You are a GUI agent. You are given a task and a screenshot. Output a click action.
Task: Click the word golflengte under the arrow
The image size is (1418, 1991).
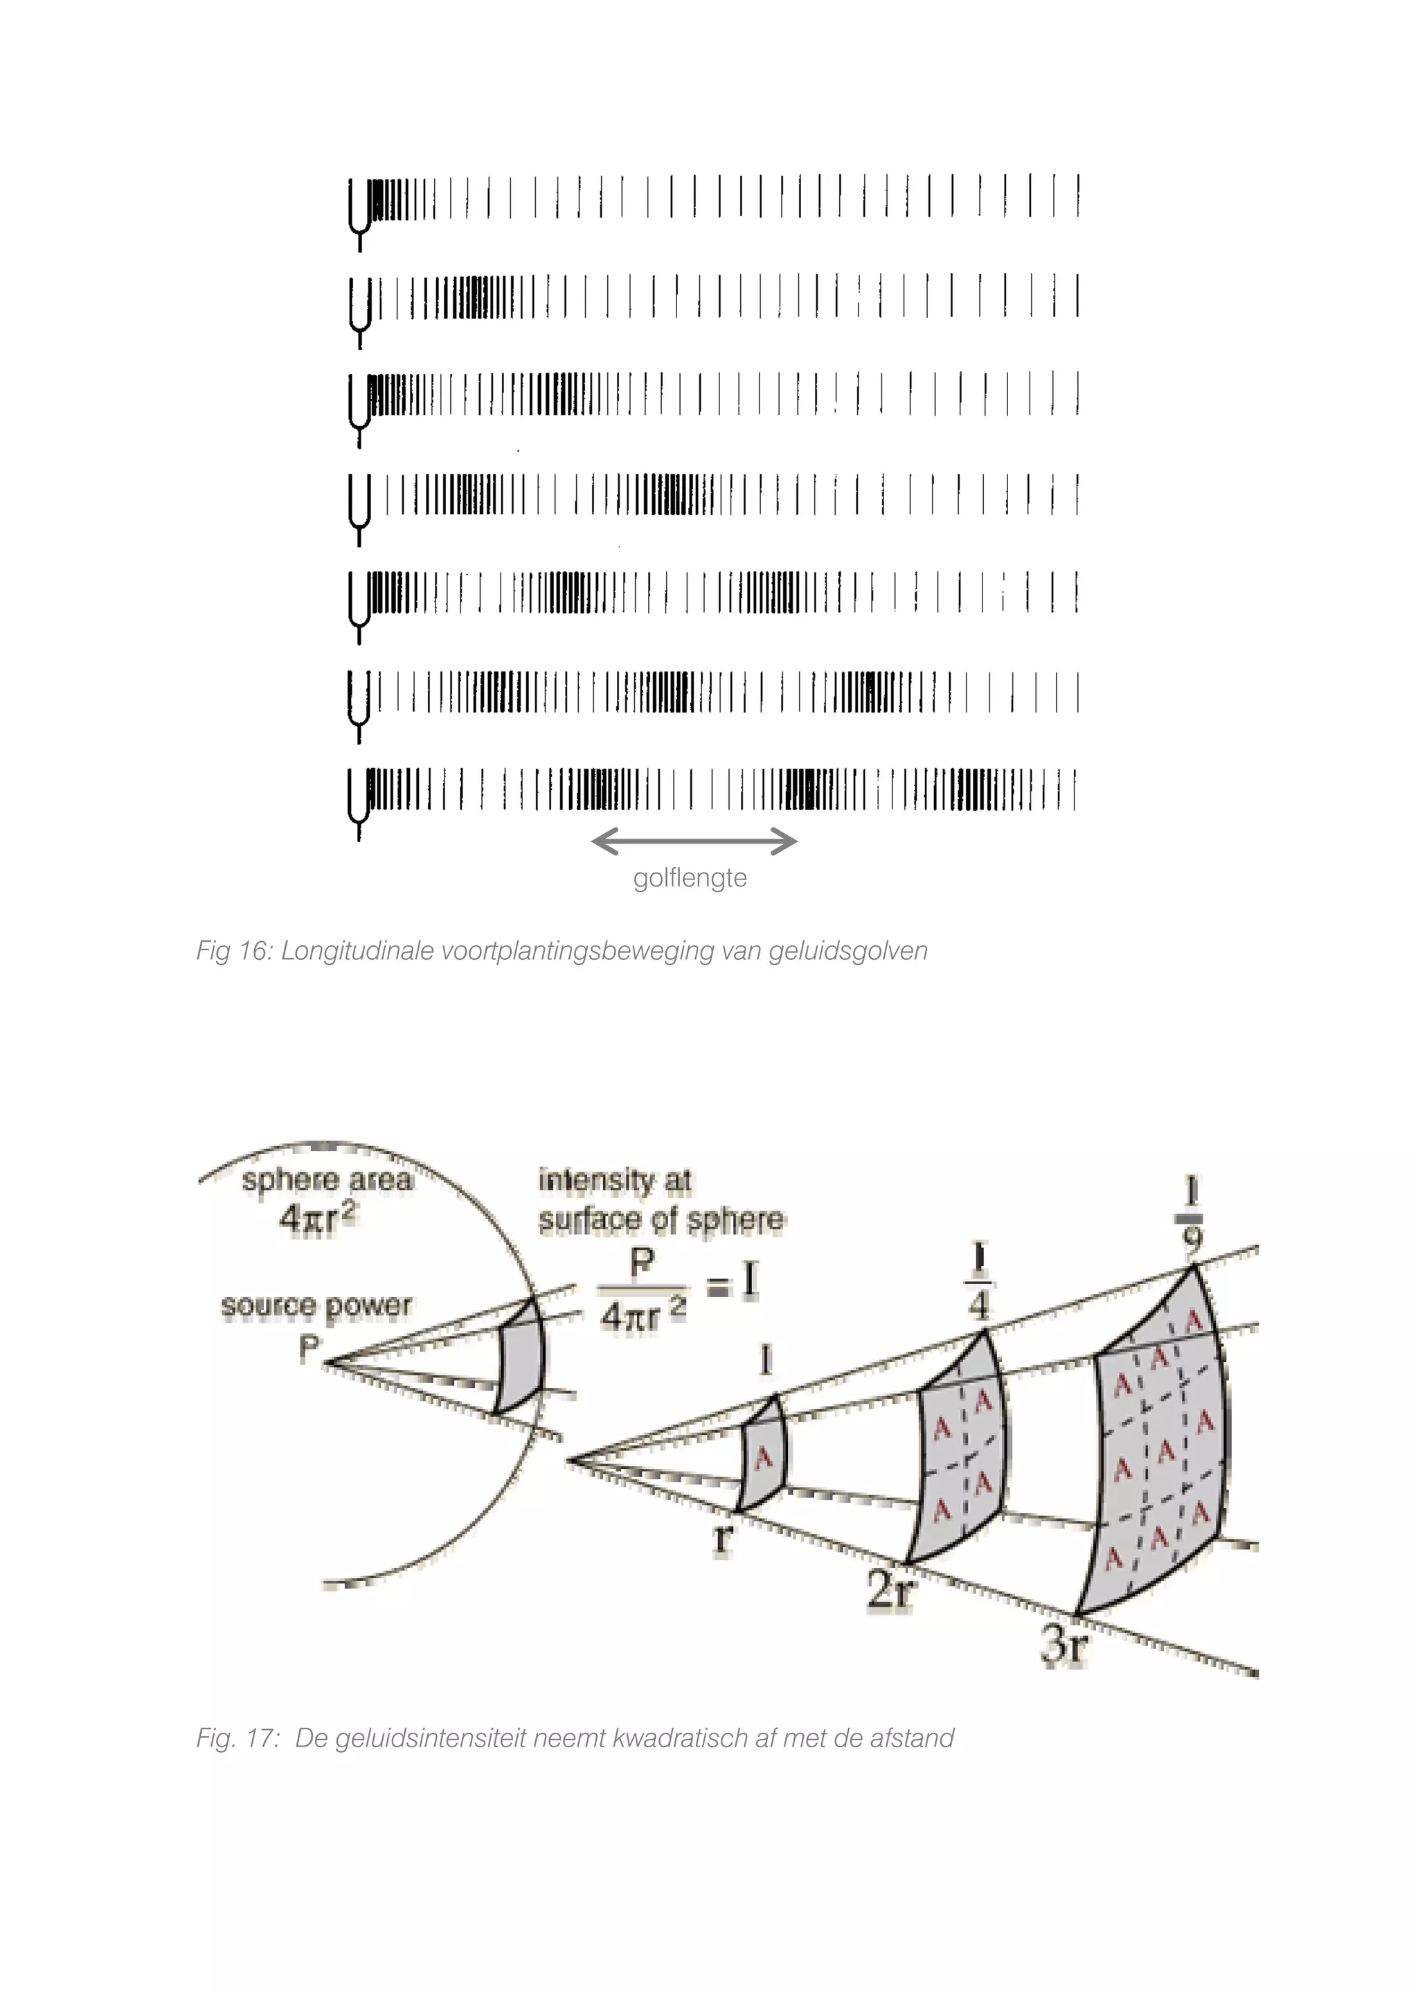coord(690,877)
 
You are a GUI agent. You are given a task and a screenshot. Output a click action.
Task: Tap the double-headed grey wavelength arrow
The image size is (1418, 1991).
coord(694,842)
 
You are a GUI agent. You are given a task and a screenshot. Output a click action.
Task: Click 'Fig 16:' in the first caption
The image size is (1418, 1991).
coord(234,951)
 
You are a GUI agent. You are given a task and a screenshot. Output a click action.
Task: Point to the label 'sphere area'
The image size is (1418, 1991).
coord(327,1181)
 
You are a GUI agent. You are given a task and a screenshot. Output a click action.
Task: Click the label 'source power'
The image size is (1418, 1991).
coord(315,1306)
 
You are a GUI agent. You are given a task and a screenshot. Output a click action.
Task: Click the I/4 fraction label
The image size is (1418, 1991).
coord(979,1282)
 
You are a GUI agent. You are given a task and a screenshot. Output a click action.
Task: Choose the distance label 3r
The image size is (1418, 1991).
coord(1064,1647)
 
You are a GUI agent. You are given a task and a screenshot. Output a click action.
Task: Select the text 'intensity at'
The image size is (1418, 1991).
coord(615,1181)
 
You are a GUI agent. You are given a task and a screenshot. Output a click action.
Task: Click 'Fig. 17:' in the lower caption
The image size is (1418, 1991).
coord(237,1739)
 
